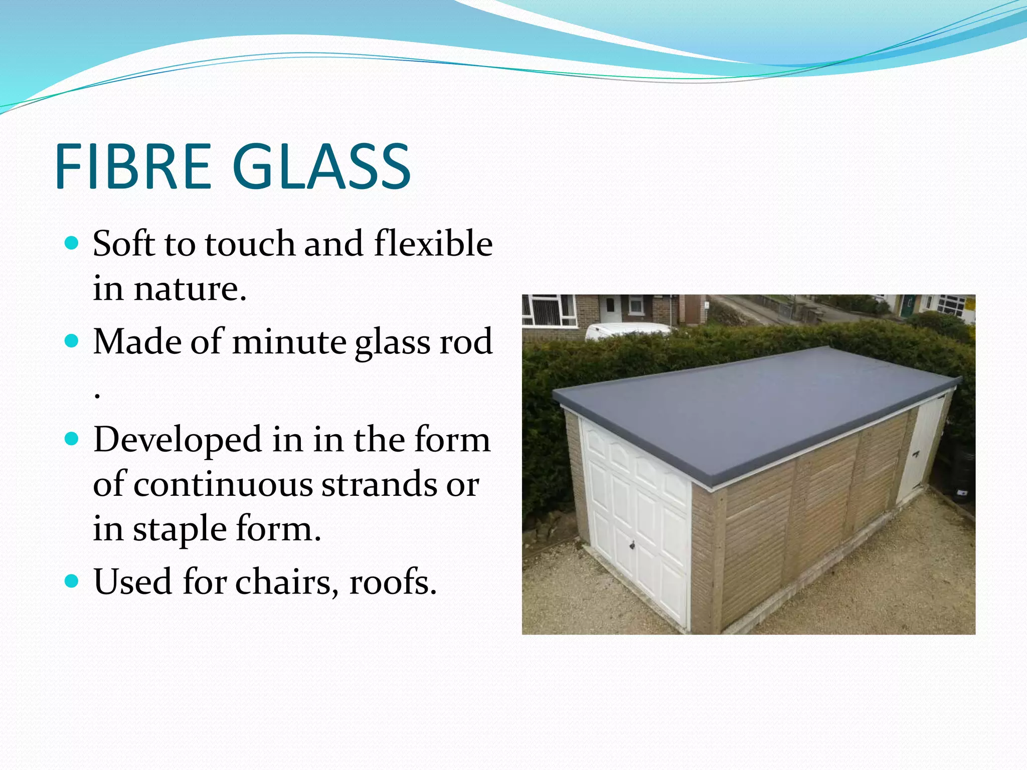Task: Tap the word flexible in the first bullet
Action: coord(433,244)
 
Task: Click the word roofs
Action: coord(393,583)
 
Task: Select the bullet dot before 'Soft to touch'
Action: coord(72,244)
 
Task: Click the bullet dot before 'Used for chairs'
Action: coord(72,582)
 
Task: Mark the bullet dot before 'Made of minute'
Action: coord(72,341)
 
